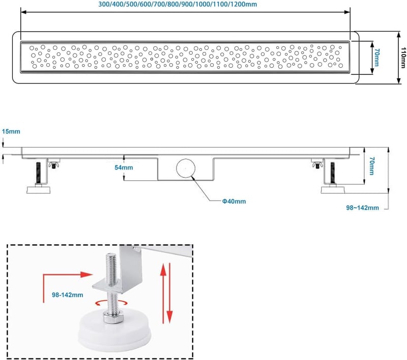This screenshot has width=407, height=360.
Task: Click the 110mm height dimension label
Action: (403, 58)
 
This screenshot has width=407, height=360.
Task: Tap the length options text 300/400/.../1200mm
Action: (178, 5)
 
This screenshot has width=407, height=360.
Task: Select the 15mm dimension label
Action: (11, 131)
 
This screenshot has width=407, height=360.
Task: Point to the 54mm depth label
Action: (124, 168)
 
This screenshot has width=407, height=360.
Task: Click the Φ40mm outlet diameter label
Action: (234, 201)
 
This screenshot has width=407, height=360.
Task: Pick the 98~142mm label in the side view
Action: (362, 208)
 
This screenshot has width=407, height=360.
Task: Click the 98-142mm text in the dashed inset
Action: (68, 295)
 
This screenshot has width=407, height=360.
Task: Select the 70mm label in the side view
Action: (372, 165)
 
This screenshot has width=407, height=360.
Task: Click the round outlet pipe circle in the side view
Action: (186, 169)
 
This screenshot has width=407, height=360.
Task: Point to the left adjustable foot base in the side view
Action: (39, 189)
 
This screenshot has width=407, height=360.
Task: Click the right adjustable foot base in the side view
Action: (333, 189)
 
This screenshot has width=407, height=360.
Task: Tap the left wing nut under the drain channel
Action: (54, 164)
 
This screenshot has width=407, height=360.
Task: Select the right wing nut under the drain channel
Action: (316, 164)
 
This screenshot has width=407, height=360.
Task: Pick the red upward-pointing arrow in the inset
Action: (163, 293)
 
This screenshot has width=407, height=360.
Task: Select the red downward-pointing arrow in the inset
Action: (170, 293)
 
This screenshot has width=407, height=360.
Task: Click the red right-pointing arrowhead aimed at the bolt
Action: (86, 274)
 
